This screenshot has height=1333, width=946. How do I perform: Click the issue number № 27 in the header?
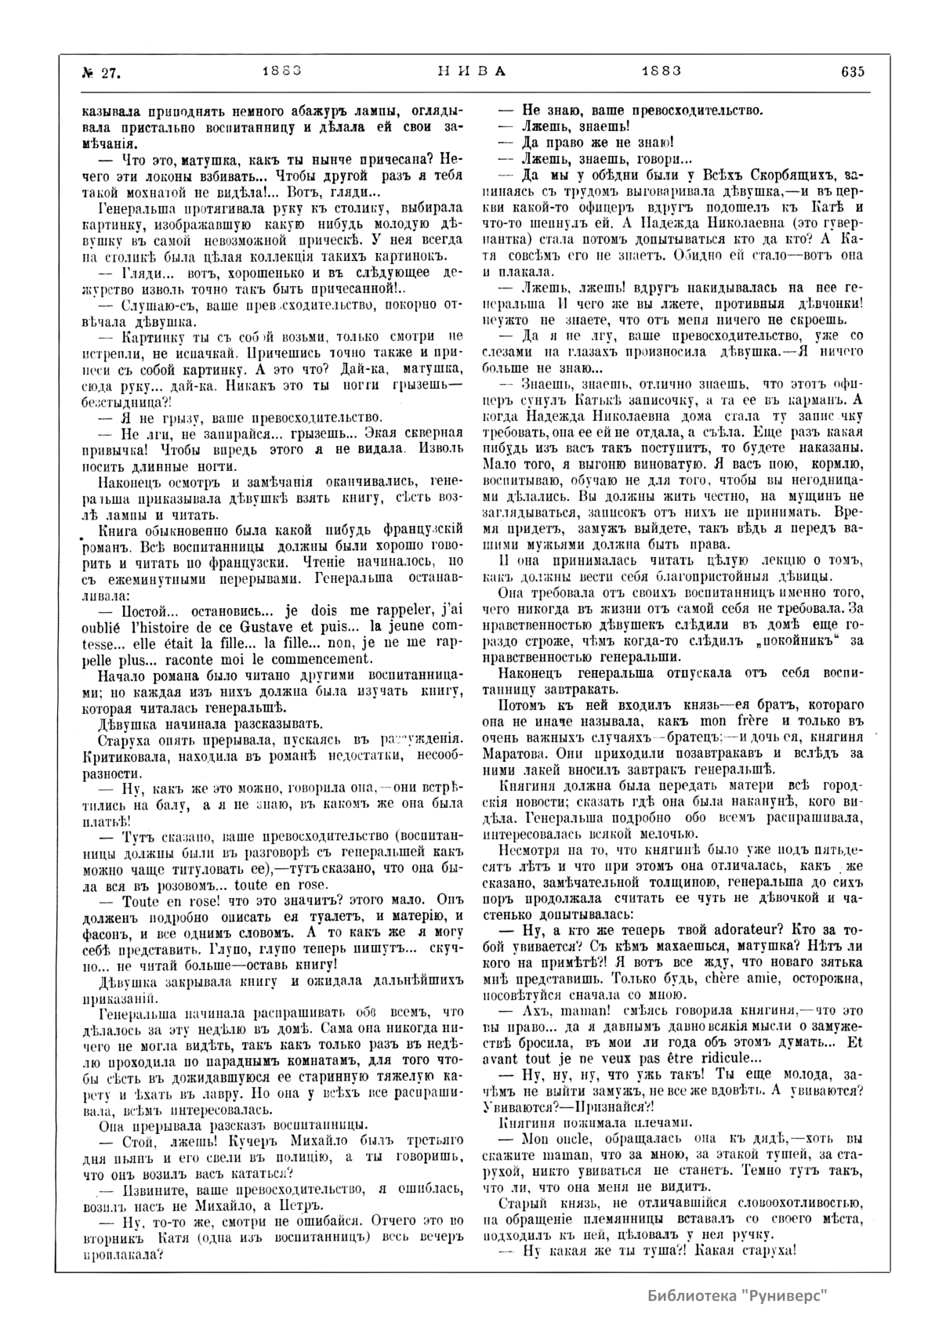click(100, 72)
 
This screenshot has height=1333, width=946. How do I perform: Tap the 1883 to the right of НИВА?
click(661, 71)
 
